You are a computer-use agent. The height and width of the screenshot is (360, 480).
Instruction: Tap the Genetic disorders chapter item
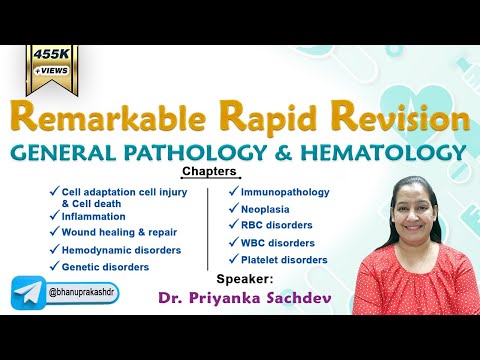pyautogui.click(x=104, y=267)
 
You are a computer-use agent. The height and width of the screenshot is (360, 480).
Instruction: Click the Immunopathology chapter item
pyautogui.click(x=284, y=192)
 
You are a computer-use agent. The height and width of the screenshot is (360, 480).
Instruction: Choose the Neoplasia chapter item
pyautogui.click(x=266, y=209)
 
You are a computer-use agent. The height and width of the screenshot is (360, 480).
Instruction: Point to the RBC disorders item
pyautogui.click(x=277, y=226)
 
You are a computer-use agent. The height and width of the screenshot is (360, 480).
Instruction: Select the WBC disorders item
pyautogui.click(x=277, y=243)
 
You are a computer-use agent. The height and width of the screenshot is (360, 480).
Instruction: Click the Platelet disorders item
pyautogui.click(x=283, y=260)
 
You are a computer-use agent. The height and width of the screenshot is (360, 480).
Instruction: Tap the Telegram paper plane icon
pyautogui.click(x=28, y=295)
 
